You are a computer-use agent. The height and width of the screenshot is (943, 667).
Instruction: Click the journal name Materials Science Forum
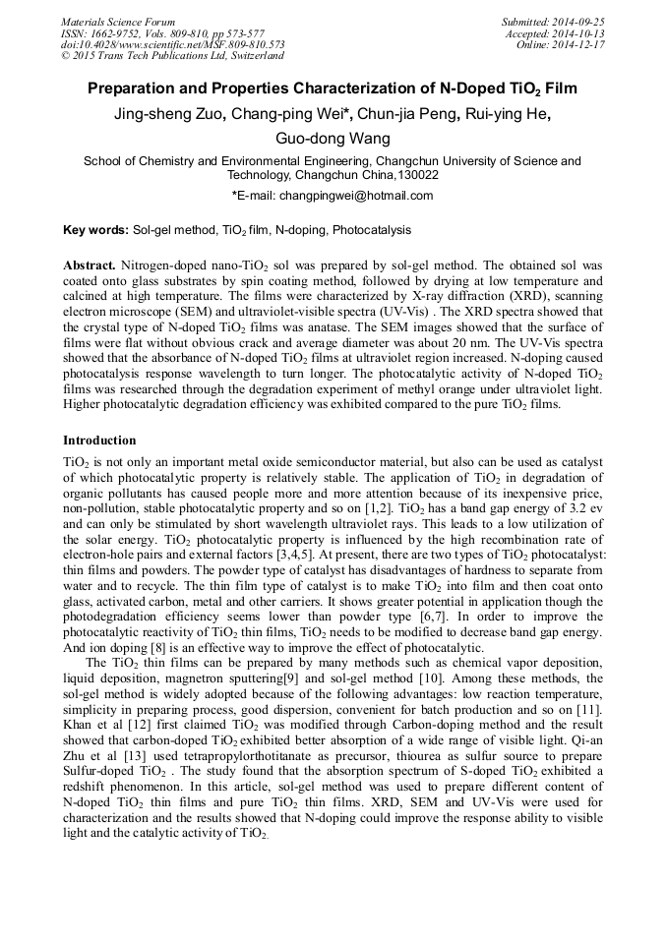point(118,22)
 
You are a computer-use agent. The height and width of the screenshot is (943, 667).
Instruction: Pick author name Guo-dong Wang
point(333,139)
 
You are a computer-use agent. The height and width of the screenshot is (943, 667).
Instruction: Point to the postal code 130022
point(417,175)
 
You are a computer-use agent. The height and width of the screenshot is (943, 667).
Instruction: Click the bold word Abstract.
point(90,266)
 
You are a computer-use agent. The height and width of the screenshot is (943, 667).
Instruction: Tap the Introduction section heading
point(99,441)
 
